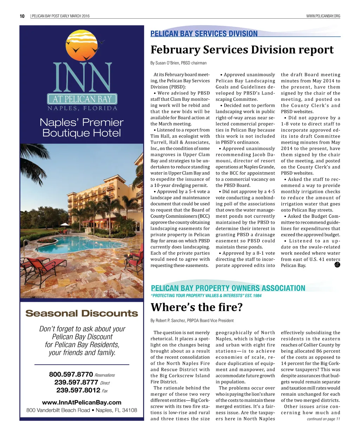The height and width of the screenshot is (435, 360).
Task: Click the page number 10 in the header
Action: coord(22,16)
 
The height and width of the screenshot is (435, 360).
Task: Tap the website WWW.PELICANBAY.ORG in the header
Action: coord(323,16)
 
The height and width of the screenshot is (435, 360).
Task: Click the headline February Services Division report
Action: coord(242,50)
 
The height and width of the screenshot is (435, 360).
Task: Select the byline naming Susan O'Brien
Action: coord(179,63)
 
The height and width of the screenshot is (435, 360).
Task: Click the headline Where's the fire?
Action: coord(197,307)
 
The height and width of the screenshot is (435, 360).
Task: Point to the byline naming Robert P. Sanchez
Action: coord(192,320)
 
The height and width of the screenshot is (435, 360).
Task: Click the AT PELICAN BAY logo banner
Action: coord(82,99)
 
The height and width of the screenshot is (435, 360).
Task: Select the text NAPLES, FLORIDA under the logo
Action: coord(82,108)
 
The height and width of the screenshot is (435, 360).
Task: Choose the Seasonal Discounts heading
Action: coord(82,313)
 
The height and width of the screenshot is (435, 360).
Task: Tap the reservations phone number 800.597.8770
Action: coord(71,375)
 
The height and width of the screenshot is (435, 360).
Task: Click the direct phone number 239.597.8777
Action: coord(76,382)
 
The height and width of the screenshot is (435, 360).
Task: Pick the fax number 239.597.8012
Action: coord(78,390)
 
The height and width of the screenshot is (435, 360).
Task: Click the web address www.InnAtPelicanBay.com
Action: coord(82,402)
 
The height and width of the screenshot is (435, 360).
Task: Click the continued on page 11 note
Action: coord(323,419)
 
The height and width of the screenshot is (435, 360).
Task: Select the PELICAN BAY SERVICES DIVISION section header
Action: coord(204,34)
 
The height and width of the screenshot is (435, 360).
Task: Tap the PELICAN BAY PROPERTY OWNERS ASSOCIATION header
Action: coord(228,288)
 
